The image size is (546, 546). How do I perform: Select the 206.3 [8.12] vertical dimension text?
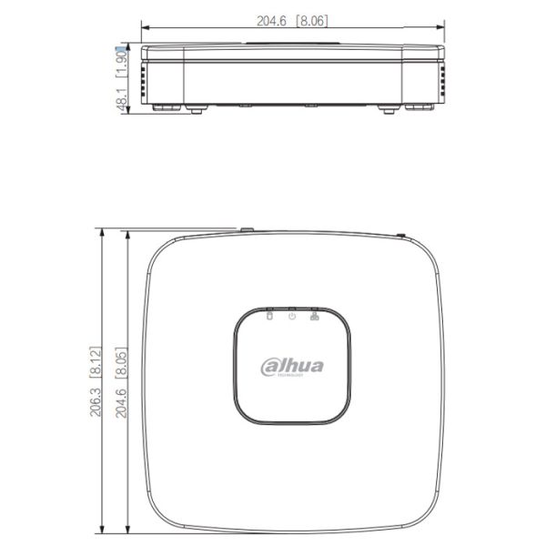click(x=95, y=381)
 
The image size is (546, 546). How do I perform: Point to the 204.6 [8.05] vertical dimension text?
click(x=117, y=381)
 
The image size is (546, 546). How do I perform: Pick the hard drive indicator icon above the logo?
click(x=269, y=316)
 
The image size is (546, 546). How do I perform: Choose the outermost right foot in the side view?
click(x=419, y=106)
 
